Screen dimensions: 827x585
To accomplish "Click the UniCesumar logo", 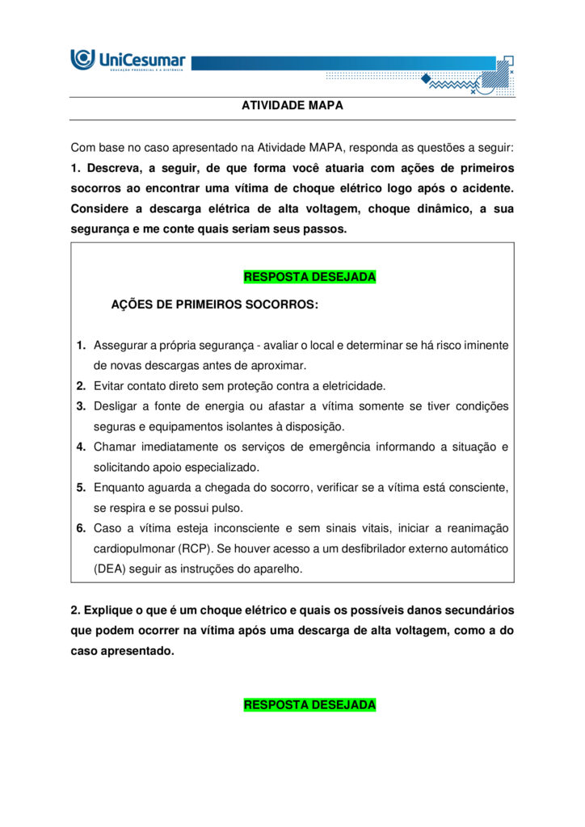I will coord(128,60).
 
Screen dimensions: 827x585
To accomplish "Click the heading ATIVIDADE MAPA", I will coord(292,106).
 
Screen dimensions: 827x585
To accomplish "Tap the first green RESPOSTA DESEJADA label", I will coord(309,277).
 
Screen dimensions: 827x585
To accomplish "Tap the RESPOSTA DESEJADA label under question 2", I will coord(309,705).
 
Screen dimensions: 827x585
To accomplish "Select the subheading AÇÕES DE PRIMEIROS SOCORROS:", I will coord(214,305).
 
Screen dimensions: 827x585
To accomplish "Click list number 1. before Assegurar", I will coord(82,346).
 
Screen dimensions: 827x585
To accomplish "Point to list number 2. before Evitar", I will coord(82,386).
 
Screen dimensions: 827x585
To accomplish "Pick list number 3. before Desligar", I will coord(82,406).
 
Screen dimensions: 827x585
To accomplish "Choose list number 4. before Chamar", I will coord(82,447).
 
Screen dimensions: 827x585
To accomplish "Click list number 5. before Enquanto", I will coord(82,488).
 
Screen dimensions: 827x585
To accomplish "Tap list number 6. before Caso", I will coord(82,528).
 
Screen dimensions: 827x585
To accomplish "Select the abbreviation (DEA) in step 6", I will coord(112,569).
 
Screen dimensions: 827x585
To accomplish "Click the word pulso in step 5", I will coord(227,508).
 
